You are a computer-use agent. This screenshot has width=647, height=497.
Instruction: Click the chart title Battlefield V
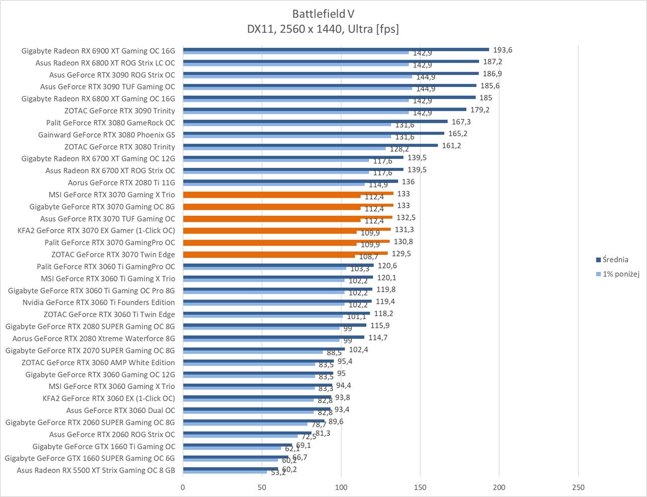pos(323,13)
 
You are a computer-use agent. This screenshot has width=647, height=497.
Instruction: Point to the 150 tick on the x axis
pos(420,488)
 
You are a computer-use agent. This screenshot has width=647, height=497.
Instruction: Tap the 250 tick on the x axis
pos(578,488)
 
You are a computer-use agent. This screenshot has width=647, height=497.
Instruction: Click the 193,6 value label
pos(502,50)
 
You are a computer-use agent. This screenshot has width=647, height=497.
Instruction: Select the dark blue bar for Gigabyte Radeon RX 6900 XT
pos(335,49)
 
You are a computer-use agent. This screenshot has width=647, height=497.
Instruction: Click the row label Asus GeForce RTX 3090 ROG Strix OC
pos(112,75)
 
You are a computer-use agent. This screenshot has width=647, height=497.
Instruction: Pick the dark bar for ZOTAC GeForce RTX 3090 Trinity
pos(324,109)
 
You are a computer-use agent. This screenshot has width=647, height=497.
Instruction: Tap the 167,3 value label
pos(461,122)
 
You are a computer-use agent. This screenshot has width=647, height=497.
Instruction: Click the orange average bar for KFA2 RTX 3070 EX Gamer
pos(287,229)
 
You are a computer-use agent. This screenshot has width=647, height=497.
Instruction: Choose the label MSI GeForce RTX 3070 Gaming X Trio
pos(112,195)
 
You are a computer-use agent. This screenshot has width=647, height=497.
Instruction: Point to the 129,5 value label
pos(401,253)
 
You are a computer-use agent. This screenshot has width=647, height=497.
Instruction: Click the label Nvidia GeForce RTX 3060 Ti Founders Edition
pos(98,302)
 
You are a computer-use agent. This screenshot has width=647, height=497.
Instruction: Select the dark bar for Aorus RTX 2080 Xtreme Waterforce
pos(273,337)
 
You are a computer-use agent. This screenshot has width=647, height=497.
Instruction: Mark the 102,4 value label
pos(358,349)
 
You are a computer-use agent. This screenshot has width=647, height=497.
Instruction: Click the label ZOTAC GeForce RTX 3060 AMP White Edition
pos(98,362)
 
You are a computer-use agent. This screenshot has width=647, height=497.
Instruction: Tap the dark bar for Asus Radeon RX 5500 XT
pos(231,469)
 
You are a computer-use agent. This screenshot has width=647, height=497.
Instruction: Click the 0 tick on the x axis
pos(183,488)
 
